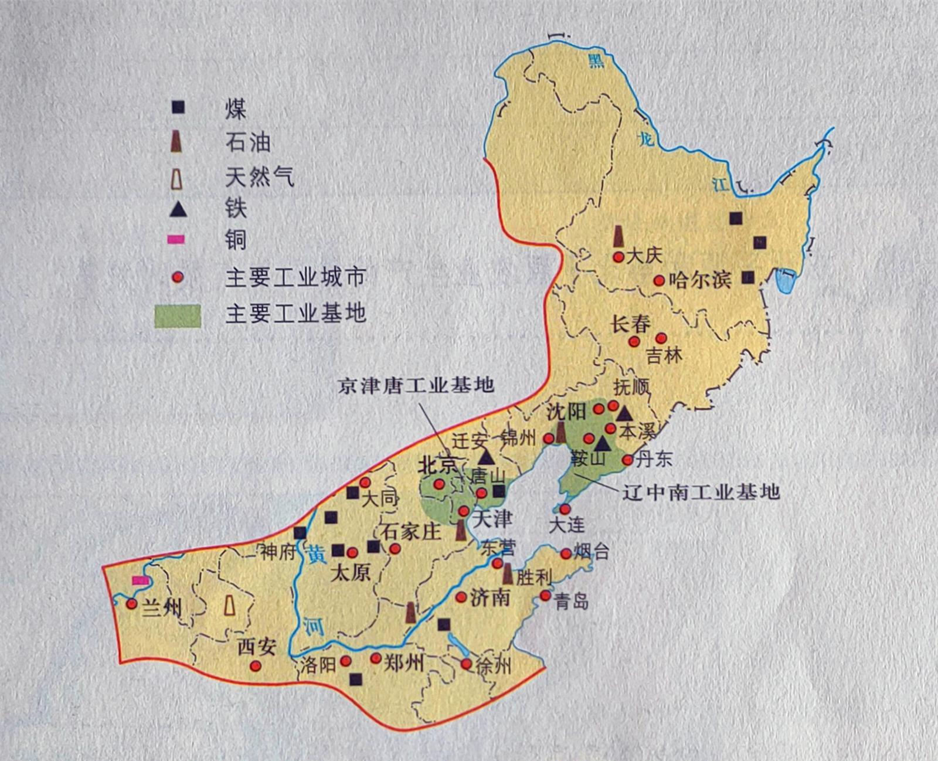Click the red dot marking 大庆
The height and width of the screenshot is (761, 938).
click(x=618, y=257)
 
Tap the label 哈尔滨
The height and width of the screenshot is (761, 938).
click(x=700, y=280)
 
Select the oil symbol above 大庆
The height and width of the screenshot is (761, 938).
click(x=618, y=236)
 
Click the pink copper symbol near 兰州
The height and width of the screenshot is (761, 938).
click(x=141, y=580)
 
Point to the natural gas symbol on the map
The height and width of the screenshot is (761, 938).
click(x=230, y=605)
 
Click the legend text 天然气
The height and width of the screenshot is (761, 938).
click(x=259, y=176)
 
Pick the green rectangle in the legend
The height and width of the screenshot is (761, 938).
click(x=178, y=316)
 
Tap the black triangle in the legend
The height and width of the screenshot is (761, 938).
click(x=178, y=209)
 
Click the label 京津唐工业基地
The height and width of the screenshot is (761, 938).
click(x=416, y=385)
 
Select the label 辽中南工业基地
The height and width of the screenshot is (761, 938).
click(x=701, y=491)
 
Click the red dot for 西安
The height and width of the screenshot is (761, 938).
click(x=256, y=666)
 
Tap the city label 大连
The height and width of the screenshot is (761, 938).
click(x=566, y=524)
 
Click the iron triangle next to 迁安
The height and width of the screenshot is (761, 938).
click(x=485, y=457)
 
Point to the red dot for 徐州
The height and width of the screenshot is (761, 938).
click(x=466, y=664)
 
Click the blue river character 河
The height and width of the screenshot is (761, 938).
click(x=315, y=627)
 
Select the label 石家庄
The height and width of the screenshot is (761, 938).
click(x=410, y=532)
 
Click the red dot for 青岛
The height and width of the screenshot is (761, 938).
click(x=545, y=596)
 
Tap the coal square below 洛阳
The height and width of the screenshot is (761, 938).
click(x=355, y=679)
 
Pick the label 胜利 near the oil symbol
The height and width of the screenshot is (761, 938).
click(x=533, y=577)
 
